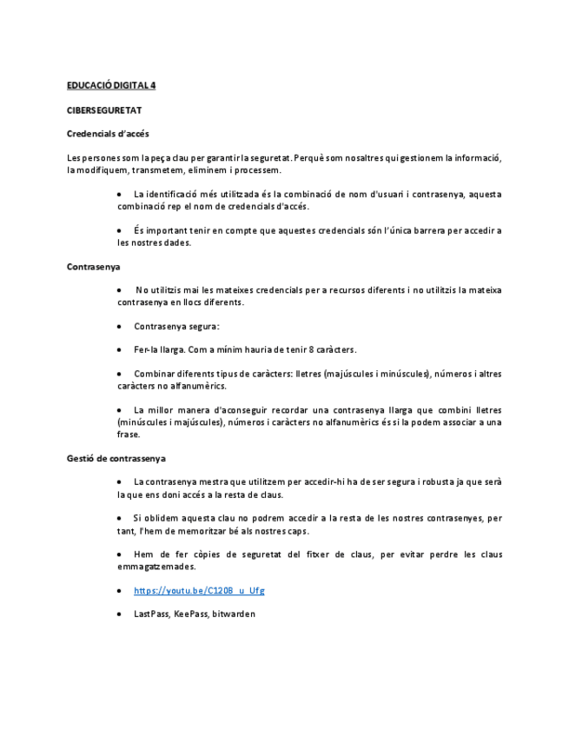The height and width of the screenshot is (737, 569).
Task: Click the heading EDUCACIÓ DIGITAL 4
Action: [111, 85]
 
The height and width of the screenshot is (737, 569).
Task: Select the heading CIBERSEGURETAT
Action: [104, 110]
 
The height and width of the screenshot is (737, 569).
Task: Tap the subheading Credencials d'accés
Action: [108, 134]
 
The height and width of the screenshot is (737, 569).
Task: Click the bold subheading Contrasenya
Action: [93, 267]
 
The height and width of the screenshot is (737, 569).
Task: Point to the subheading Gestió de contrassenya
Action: [116, 458]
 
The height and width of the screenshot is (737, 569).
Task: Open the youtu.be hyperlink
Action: [199, 591]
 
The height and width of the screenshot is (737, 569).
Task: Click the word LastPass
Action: [151, 614]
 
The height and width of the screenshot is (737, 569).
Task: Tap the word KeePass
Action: [191, 614]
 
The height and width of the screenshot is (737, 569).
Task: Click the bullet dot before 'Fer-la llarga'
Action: [119, 349]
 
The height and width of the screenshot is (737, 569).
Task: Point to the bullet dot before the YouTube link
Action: [119, 591]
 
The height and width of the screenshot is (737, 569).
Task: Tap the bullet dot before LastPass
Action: [119, 614]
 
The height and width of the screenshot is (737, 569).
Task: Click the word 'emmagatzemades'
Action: [156, 567]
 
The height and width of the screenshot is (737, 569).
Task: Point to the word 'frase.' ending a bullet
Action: [129, 434]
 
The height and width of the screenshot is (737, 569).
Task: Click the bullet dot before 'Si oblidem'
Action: [119, 519]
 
